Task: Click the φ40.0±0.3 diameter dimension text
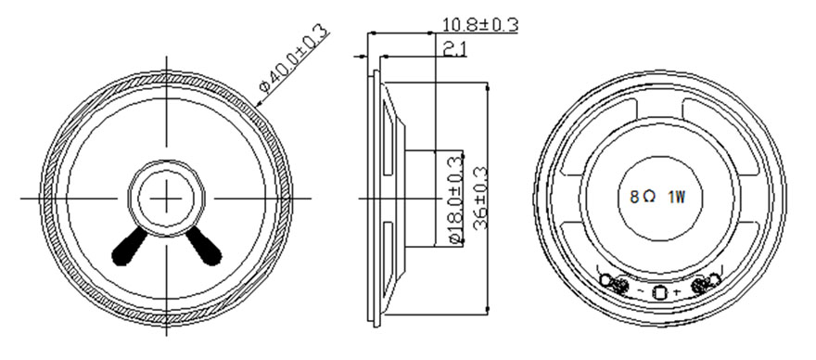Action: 295,58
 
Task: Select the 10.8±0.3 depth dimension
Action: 479,24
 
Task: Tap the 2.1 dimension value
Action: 455,49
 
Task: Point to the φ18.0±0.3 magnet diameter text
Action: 455,199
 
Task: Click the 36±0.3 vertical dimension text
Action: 479,198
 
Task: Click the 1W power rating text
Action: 676,197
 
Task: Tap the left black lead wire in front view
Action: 130,247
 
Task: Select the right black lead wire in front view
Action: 204,246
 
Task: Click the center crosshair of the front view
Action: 167,198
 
